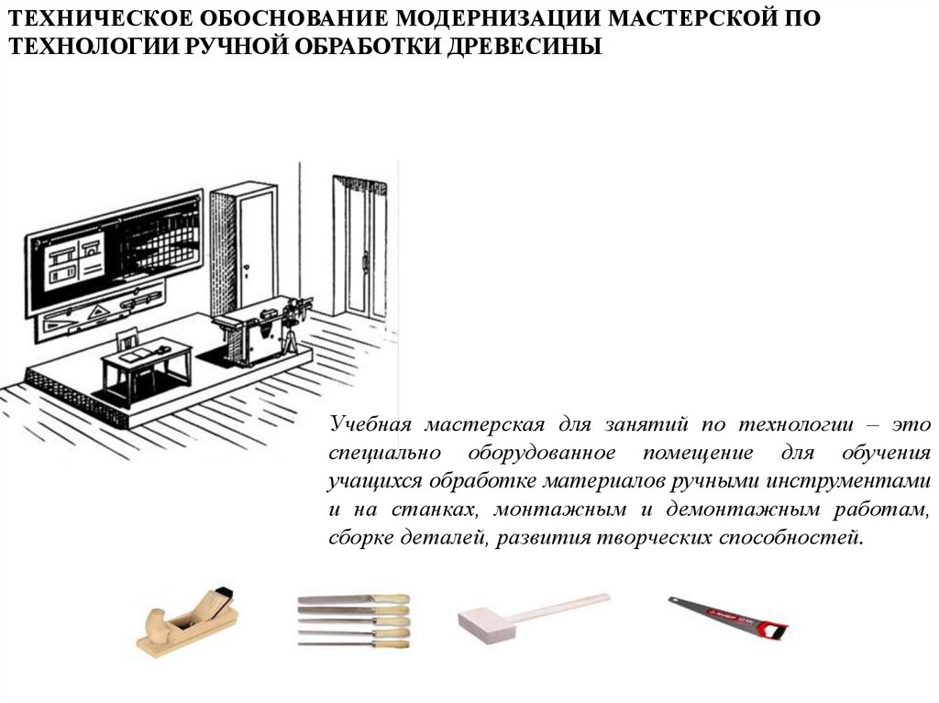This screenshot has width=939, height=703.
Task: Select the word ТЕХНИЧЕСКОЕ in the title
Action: coord(101,18)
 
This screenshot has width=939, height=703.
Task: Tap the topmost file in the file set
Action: coord(353,599)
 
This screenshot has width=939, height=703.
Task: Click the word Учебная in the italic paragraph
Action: coord(370,424)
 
